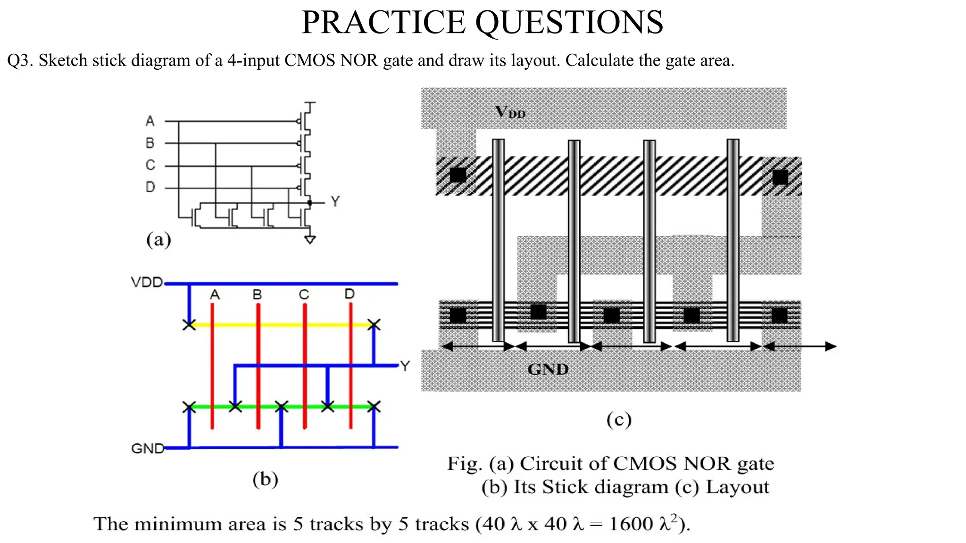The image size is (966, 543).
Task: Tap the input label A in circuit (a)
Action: [x=150, y=121]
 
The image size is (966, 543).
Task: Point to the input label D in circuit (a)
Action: [x=150, y=187]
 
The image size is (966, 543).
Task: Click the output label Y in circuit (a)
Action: [x=335, y=202]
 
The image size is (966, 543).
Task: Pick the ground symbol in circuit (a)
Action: [x=310, y=239]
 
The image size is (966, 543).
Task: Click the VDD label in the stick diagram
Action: [x=147, y=282]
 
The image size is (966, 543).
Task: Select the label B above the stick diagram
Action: [x=257, y=295]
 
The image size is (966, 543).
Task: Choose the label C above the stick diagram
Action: [x=304, y=295]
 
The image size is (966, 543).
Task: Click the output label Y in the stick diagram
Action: [x=405, y=366]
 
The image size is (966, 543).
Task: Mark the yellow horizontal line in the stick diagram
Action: [x=283, y=325]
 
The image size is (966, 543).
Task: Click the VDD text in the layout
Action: [x=510, y=112]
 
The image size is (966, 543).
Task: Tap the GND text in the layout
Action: [x=548, y=369]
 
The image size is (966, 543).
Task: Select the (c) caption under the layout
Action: [x=619, y=419]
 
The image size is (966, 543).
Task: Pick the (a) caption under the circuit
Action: [x=158, y=239]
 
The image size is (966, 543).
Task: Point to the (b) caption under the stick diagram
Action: [x=265, y=479]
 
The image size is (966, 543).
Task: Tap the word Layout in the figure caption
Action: [x=737, y=487]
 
